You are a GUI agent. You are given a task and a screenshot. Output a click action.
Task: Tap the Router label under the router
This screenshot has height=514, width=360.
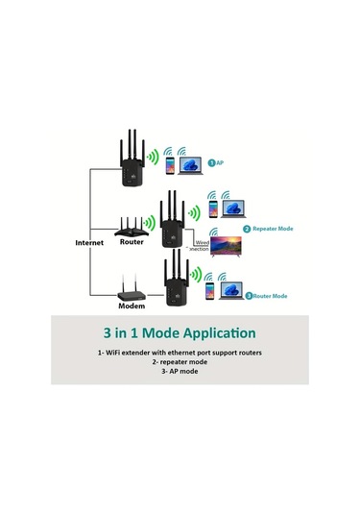tap(132, 243)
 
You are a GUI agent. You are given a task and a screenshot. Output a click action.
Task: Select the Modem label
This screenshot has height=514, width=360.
tap(131, 306)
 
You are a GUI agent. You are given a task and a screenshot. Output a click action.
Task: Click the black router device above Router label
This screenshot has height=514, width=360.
tap(132, 227)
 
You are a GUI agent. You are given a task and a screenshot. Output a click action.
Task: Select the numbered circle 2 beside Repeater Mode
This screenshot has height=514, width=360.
tap(247, 230)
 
